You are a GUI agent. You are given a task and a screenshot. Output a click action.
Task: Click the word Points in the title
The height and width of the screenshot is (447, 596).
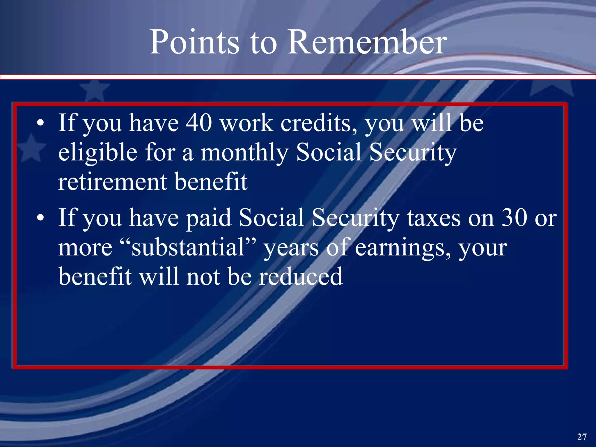pos(194,42)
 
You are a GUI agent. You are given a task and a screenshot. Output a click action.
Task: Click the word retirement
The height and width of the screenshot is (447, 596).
pos(112,182)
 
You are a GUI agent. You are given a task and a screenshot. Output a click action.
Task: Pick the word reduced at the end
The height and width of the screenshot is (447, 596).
pos(301,276)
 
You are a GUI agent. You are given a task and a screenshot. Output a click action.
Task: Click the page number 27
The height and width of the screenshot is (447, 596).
pos(582,437)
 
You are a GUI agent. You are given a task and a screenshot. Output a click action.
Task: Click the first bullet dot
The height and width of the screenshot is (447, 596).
pos(41,123)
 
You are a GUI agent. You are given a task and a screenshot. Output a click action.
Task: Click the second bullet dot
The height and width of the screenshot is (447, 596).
pos(41,218)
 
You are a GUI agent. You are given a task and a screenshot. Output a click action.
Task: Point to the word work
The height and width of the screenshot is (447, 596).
pos(246,123)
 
